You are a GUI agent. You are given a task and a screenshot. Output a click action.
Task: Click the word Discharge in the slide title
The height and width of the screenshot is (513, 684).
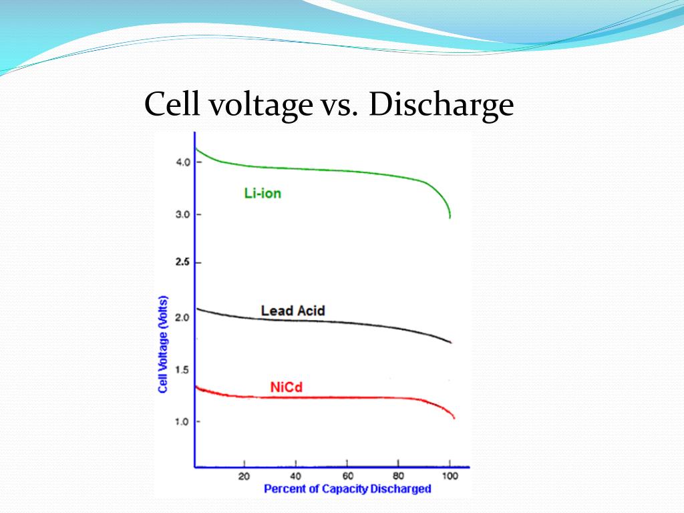pyautogui.click(x=441, y=106)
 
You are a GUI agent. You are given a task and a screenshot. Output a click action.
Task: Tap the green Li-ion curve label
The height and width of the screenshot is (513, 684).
pyautogui.click(x=263, y=194)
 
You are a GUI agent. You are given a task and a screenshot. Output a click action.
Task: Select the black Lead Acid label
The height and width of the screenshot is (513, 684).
pyautogui.click(x=293, y=311)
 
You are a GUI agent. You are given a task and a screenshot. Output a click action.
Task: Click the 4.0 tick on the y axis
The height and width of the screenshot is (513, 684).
pyautogui.click(x=183, y=162)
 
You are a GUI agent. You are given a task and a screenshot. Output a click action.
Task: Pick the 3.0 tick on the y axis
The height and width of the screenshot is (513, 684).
pyautogui.click(x=183, y=214)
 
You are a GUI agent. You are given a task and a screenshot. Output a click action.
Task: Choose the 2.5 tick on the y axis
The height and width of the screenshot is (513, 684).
pyautogui.click(x=183, y=263)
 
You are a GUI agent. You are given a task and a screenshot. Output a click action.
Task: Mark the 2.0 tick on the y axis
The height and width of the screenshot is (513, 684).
pyautogui.click(x=183, y=318)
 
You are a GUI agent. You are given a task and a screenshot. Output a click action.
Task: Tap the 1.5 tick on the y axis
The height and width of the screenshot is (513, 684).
pyautogui.click(x=183, y=370)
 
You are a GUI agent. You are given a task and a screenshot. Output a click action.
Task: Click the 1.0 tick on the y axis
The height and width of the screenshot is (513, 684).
pyautogui.click(x=183, y=421)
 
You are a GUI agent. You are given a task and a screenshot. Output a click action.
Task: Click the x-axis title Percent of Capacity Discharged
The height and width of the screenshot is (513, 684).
pyautogui.click(x=347, y=489)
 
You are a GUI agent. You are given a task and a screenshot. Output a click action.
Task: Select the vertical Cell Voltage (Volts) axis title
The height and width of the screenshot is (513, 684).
pyautogui.click(x=163, y=344)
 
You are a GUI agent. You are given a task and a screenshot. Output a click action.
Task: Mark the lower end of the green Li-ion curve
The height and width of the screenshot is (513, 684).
pyautogui.click(x=450, y=216)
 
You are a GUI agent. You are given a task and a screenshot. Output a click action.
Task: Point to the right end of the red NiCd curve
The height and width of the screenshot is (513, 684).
pyautogui.click(x=454, y=418)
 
